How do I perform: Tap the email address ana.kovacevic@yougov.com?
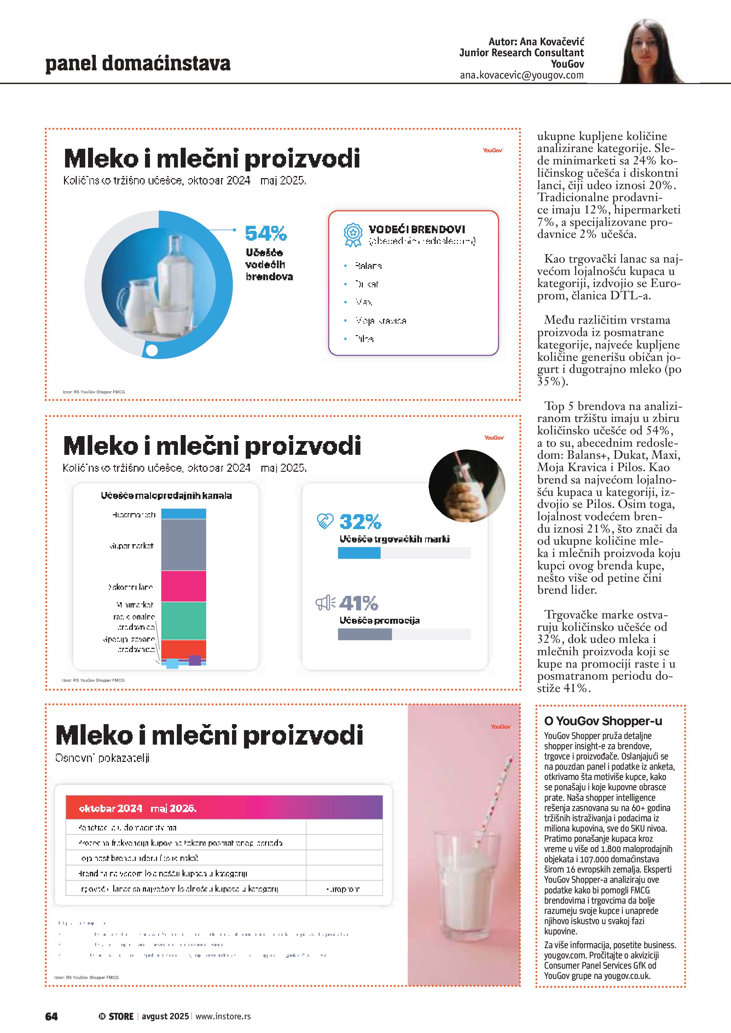click(x=521, y=75)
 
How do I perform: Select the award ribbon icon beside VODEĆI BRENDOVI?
click(x=353, y=235)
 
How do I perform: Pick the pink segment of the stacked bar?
click(x=183, y=586)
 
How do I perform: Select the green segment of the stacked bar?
click(x=183, y=621)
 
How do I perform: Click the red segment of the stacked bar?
click(x=183, y=649)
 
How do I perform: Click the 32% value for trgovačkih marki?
click(x=360, y=522)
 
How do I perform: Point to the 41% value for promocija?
click(x=359, y=603)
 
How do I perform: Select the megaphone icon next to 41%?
click(x=325, y=603)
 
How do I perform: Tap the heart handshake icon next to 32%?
click(x=325, y=521)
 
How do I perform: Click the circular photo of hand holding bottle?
click(x=466, y=486)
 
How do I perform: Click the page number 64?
click(x=51, y=1016)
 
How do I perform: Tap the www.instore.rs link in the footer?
click(x=223, y=1016)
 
